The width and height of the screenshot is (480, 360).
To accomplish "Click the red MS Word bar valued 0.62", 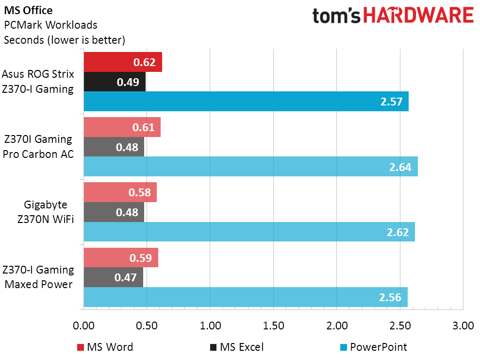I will coord(123,62).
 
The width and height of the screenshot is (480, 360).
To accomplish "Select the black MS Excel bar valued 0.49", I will coord(115,82).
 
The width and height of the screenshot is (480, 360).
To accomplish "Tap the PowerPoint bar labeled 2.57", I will coord(246,101).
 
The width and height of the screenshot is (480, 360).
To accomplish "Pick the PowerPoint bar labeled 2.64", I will coord(250,166).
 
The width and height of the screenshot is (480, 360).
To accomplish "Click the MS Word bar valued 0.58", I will coord(120,192).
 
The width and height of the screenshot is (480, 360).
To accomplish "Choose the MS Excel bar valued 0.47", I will coord(114,277).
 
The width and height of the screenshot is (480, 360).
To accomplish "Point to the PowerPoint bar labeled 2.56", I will coord(246,297).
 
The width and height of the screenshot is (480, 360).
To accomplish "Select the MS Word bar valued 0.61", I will coord(122,127).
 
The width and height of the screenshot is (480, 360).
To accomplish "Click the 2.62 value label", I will coord(398,232).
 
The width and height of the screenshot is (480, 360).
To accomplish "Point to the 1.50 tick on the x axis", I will coord(273,325).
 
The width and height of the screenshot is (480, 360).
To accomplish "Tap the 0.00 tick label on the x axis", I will coord(84,325).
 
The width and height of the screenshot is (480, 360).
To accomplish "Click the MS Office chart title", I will coord(29,10).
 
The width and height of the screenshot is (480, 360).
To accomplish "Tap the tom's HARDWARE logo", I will coord(393,16).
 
